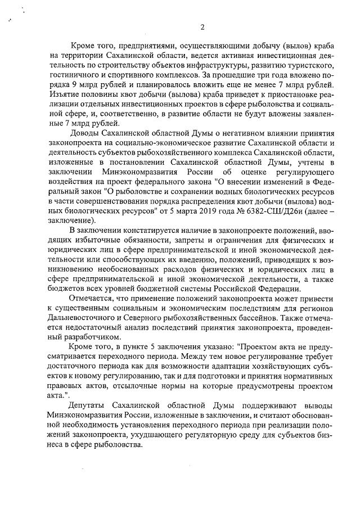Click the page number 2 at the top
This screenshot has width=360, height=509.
[202, 28]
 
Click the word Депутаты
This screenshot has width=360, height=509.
[88, 406]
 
